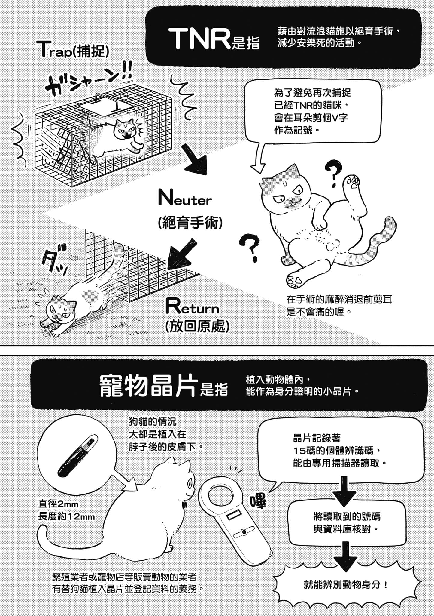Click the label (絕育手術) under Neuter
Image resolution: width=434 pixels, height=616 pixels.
point(190,223)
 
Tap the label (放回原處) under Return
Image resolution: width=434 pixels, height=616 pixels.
point(197,327)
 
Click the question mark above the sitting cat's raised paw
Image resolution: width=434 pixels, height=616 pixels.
point(335,173)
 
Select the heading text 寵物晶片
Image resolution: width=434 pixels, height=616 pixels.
point(149,386)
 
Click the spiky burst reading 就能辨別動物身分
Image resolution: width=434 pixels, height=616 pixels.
point(346,585)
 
